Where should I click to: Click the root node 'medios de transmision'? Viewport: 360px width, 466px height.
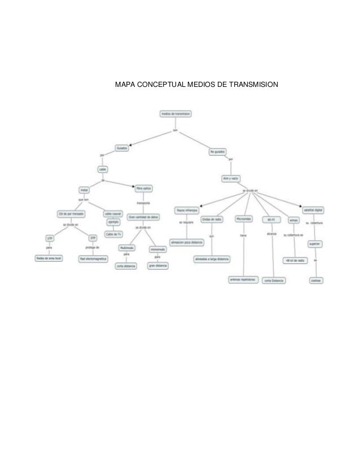click(x=176, y=113)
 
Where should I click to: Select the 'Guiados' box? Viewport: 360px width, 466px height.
click(x=122, y=148)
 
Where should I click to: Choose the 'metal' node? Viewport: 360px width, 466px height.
click(x=84, y=190)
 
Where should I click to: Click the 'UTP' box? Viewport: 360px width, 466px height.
click(x=50, y=239)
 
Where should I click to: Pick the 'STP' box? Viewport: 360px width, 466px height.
click(x=93, y=239)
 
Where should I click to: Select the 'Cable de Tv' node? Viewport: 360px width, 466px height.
click(x=113, y=235)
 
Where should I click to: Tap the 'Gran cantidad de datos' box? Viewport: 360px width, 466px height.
click(x=143, y=216)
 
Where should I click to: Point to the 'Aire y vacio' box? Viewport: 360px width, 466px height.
click(x=231, y=178)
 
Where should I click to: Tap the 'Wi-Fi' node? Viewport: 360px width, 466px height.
click(x=271, y=219)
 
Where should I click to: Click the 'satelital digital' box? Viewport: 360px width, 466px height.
click(x=314, y=209)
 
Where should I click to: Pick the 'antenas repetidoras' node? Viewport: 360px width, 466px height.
click(x=243, y=279)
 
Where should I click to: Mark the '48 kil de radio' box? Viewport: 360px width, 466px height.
click(x=295, y=260)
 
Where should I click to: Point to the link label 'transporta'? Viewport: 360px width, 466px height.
click(x=143, y=203)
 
